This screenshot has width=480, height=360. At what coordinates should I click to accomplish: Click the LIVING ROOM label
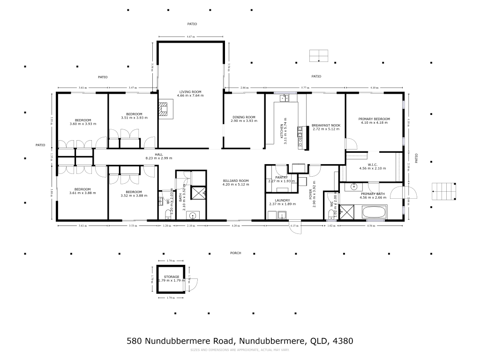point(190,91)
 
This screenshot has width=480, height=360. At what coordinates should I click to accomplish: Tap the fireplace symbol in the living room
point(164,109)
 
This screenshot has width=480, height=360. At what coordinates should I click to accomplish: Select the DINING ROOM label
point(244,117)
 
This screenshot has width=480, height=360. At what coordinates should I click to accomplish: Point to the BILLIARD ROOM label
point(236,180)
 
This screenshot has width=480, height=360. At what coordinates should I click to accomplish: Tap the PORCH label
point(235,253)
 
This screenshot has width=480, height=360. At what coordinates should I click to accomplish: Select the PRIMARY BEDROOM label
point(375,119)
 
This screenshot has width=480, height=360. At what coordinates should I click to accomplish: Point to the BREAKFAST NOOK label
point(326,125)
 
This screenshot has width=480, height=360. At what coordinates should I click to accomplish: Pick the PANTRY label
point(281,177)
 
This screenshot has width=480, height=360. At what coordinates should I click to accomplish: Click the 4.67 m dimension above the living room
point(190,36)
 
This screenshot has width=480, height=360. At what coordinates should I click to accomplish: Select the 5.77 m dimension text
point(306,88)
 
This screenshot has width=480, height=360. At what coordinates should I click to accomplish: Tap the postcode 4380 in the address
point(343,341)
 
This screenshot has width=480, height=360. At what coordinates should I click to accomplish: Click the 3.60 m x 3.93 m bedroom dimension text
point(82,124)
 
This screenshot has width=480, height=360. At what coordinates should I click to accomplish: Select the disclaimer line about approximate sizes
point(240,350)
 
